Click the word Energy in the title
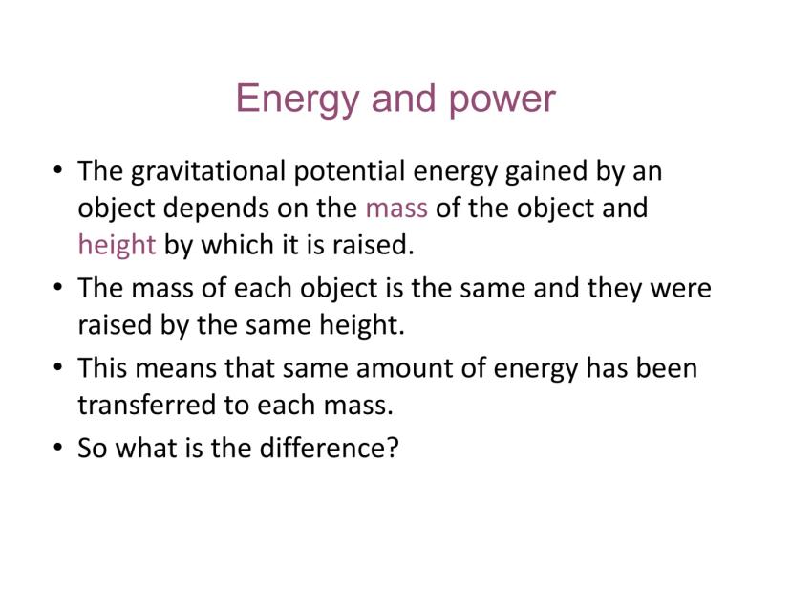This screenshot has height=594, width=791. (296, 99)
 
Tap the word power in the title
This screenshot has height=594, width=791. (502, 100)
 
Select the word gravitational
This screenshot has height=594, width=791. (208, 172)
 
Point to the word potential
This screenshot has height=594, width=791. (350, 172)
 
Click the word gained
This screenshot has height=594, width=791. (545, 172)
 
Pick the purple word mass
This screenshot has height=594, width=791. (396, 209)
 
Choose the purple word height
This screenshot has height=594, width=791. (118, 246)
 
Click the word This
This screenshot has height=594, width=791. (102, 367)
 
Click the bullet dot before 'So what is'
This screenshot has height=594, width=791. (58, 448)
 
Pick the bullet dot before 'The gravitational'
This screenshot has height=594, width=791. (58, 170)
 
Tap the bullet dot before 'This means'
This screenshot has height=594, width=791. (58, 367)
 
